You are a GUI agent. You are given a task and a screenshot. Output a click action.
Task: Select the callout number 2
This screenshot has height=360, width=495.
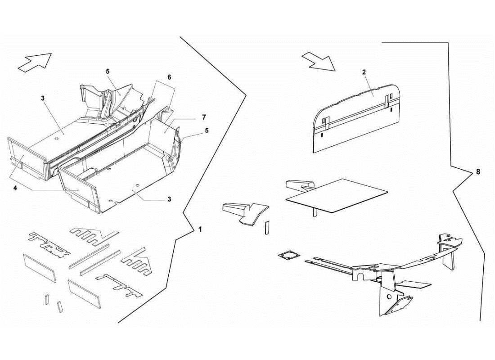(364, 72)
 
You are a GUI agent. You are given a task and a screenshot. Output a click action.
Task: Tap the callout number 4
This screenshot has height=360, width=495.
(15, 188)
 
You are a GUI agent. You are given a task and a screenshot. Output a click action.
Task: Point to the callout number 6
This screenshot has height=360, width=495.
(169, 77)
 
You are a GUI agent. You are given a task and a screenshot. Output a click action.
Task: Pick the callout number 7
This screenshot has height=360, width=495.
(204, 117)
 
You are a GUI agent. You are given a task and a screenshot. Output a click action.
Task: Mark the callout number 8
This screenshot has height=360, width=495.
(477, 172)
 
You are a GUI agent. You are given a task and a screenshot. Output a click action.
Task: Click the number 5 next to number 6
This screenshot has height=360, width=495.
(108, 71)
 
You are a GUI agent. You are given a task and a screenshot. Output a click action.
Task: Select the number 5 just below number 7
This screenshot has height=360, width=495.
(206, 130)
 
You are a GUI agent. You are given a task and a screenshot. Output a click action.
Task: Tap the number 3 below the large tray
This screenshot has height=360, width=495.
(169, 199)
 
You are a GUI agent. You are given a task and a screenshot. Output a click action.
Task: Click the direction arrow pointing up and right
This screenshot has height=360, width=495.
(35, 62)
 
